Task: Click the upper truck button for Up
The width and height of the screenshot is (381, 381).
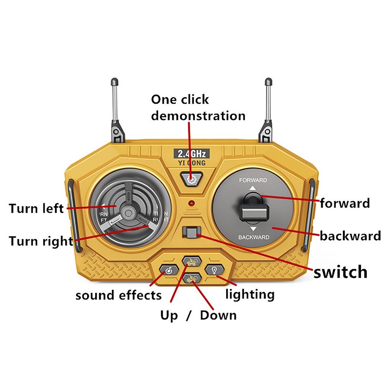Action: click(191, 261)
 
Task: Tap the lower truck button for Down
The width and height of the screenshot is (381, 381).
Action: click(191, 279)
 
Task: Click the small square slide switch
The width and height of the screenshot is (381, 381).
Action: click(191, 232)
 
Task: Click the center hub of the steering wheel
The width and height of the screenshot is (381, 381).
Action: click(128, 212)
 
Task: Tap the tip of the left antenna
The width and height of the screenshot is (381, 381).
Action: click(114, 81)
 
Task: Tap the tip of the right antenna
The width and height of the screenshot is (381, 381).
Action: click(269, 81)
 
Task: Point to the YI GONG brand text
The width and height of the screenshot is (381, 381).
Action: click(192, 163)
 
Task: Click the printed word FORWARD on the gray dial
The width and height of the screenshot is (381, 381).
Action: click(253, 180)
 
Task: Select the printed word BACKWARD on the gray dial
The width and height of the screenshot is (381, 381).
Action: click(254, 237)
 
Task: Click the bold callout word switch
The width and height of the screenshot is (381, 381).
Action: click(340, 272)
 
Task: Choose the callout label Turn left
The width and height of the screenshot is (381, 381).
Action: click(36, 209)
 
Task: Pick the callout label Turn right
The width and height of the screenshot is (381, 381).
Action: click(40, 241)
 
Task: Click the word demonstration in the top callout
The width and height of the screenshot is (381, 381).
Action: click(198, 115)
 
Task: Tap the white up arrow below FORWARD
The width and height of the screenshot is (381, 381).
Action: click(253, 188)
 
